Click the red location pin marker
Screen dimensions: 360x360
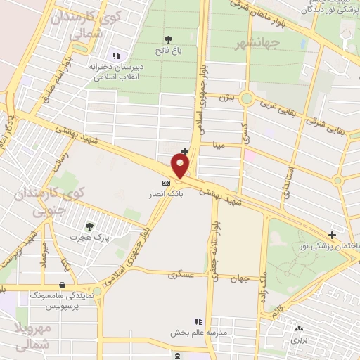[x=181, y=166]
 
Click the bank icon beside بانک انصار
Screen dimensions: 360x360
[x=166, y=183]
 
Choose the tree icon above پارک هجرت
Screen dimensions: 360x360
[x=89, y=226]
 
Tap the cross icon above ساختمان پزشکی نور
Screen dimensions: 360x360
[x=332, y=235]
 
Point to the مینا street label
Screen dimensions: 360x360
[x=219, y=146]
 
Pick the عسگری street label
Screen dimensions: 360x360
[x=181, y=275]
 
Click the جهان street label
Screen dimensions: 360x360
[x=240, y=279]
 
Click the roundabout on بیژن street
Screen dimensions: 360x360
[x=246, y=98]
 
